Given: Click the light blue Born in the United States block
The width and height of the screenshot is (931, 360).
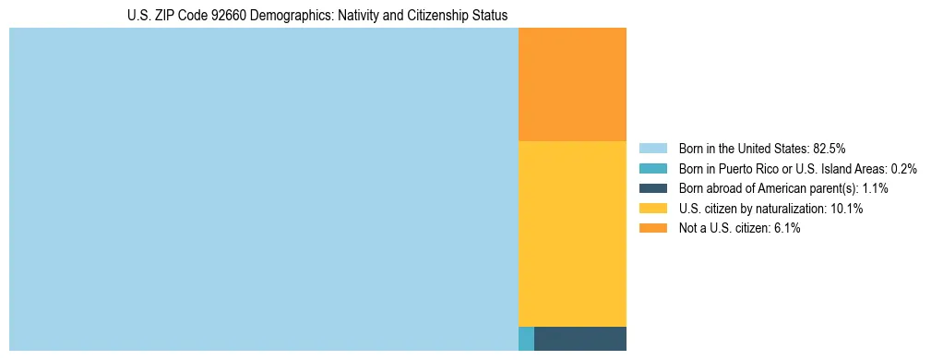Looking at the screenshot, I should [263, 189].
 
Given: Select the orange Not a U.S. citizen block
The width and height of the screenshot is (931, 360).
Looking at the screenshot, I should [572, 84].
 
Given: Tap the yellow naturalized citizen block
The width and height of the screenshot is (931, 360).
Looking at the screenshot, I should [572, 234].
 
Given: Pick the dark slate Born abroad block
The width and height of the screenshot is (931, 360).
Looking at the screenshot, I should [579, 339].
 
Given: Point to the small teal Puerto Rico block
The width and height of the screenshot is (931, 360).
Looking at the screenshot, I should [526, 339].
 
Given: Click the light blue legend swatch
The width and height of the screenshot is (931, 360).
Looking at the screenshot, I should [652, 149].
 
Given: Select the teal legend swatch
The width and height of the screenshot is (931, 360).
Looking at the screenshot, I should [652, 169].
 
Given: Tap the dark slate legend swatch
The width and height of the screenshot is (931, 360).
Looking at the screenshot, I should [652, 188].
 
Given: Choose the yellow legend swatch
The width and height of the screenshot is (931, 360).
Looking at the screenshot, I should [652, 209].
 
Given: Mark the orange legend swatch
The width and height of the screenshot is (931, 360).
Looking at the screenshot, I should [652, 229].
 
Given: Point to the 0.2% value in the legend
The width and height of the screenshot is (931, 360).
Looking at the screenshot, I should [903, 169].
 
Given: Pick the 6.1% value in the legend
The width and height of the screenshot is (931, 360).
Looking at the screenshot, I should [786, 229].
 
